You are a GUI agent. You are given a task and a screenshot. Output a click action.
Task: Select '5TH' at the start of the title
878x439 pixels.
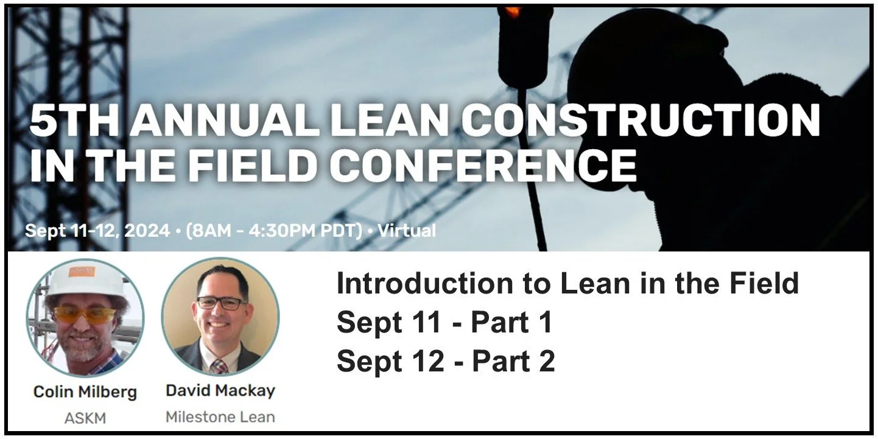[68, 121]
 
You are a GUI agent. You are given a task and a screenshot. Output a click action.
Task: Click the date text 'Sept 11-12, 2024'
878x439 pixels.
[97, 231]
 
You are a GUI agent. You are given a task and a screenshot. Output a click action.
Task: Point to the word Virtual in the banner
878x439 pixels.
[406, 231]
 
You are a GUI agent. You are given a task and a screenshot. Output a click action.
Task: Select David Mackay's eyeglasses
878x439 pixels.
[220, 303]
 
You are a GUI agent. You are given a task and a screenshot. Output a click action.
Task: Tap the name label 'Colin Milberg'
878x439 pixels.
[85, 392]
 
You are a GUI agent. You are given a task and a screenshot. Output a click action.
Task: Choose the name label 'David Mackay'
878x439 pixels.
[220, 390]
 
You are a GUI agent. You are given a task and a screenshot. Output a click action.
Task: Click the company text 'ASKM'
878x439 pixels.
[85, 418]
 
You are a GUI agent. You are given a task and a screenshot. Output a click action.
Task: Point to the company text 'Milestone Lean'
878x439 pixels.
[220, 417]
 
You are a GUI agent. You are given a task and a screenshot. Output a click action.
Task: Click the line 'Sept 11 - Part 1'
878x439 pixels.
[444, 323]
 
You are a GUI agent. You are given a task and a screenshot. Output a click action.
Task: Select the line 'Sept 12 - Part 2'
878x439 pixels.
[445, 362]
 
